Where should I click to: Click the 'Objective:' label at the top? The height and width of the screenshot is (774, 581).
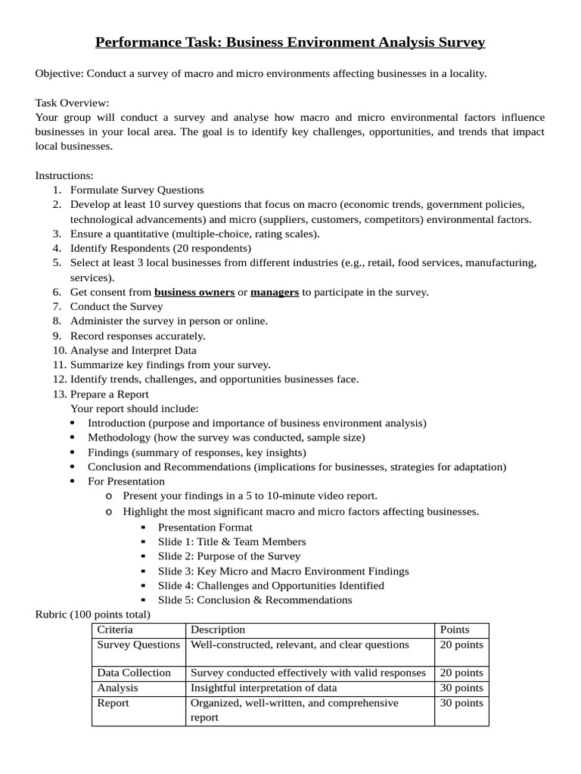coord(59,73)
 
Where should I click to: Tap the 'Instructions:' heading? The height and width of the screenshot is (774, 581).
coord(64,175)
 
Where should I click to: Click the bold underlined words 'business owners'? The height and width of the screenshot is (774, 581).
coord(194,292)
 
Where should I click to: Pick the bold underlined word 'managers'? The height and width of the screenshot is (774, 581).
coord(275,292)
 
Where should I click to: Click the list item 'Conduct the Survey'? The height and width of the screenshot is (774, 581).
coord(117,306)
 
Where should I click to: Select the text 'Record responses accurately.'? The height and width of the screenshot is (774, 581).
coord(138,336)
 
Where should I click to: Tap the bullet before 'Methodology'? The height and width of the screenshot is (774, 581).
coord(72,438)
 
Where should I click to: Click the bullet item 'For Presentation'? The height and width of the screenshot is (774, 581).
coord(126,481)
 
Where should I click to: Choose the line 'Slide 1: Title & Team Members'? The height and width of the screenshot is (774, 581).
coord(231,541)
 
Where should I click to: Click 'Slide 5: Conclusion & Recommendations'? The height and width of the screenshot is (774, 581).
coord(255,600)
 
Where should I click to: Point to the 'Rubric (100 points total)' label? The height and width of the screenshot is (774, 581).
coord(93,614)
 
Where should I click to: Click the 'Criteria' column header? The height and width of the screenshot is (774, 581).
coord(115,630)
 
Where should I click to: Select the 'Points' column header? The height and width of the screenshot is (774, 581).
coord(454,630)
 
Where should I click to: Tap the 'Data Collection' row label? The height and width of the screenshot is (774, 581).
coord(134,673)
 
